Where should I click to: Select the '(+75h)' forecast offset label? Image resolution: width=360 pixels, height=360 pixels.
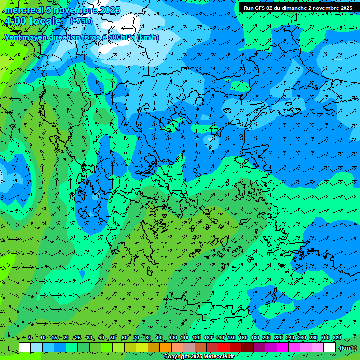point(81,21)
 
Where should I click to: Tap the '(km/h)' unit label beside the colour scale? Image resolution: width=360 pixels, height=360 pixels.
point(348,348)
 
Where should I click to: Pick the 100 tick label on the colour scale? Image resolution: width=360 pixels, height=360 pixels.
point(172,338)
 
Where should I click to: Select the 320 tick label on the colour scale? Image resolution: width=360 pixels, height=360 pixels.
point(337,338)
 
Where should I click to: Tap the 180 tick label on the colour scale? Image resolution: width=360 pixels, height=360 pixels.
point(255,338)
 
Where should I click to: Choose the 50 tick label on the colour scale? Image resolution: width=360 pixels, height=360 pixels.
point(113,338)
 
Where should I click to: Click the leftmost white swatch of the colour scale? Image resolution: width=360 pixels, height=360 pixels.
point(25,347)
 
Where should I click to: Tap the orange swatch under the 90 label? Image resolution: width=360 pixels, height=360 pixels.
point(165,347)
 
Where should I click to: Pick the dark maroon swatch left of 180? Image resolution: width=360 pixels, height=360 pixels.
point(247,347)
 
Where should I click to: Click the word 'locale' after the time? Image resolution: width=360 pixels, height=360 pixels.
point(46,21)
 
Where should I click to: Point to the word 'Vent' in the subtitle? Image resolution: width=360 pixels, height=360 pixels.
point(12,37)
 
